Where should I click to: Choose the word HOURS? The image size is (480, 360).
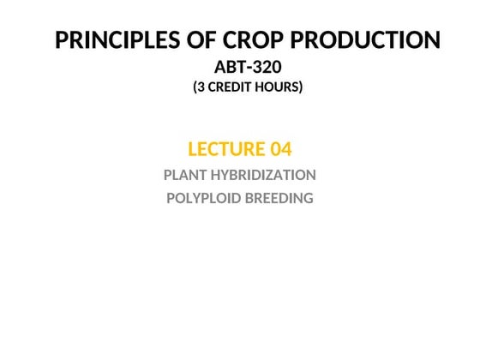pyautogui.click(x=279, y=87)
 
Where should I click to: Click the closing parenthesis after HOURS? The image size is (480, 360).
pyautogui.click(x=301, y=87)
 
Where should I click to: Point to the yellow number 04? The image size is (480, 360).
pyautogui.click(x=280, y=149)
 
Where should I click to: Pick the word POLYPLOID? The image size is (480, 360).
pyautogui.click(x=200, y=198)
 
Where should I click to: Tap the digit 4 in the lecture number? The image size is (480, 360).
pyautogui.click(x=286, y=149)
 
